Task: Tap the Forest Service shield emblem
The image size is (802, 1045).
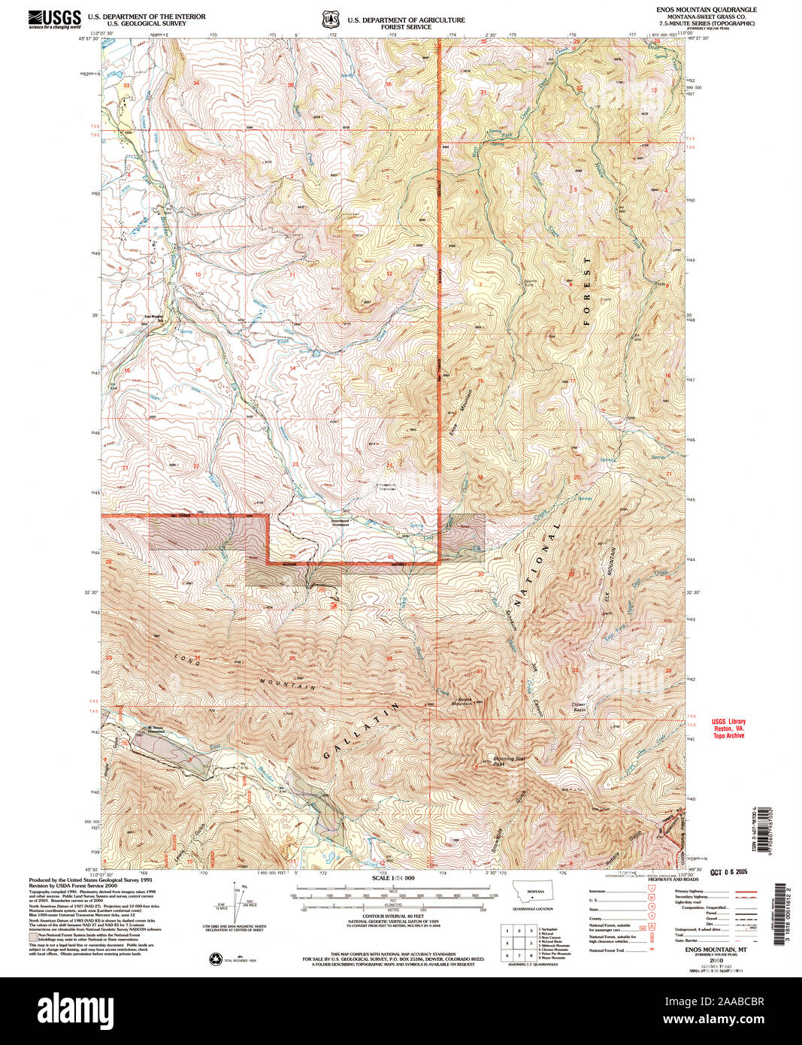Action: tap(328, 18)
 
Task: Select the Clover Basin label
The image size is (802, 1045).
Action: tap(577, 707)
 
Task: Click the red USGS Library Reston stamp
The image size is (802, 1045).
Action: tap(728, 728)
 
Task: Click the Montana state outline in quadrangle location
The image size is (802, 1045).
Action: tap(535, 892)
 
